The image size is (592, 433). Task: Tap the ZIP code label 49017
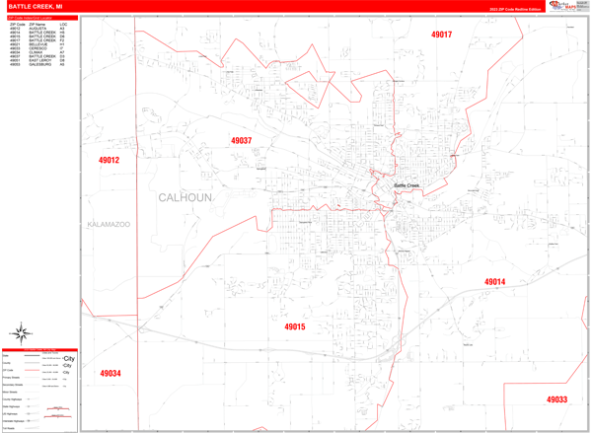coord(441,35)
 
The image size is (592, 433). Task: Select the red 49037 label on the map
coord(241,141)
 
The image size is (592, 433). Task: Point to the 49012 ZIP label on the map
coord(109,160)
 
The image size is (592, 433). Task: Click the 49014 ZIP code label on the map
coord(494,282)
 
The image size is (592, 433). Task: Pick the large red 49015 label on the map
coord(295,326)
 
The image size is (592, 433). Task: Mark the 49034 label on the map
coord(110,374)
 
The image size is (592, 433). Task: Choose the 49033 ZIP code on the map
coord(556,399)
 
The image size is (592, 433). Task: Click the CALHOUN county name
coord(185,197)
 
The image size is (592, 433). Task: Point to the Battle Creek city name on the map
coord(407,185)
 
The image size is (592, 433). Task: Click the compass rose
coord(22,333)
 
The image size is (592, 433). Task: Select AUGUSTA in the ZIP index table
coord(37,28)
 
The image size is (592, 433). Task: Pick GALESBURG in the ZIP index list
coord(39,65)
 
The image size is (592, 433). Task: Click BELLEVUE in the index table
coord(38,44)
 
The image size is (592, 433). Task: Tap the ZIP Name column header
coord(37,23)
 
